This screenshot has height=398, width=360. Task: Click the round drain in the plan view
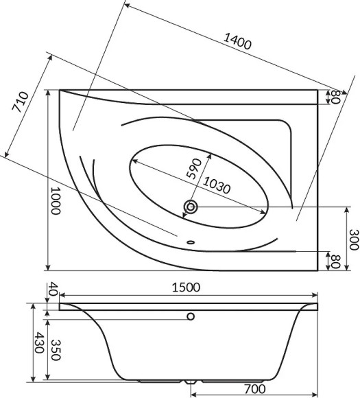191,206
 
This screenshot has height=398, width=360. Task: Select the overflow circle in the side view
191,317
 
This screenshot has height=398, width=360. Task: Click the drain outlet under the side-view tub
190,380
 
